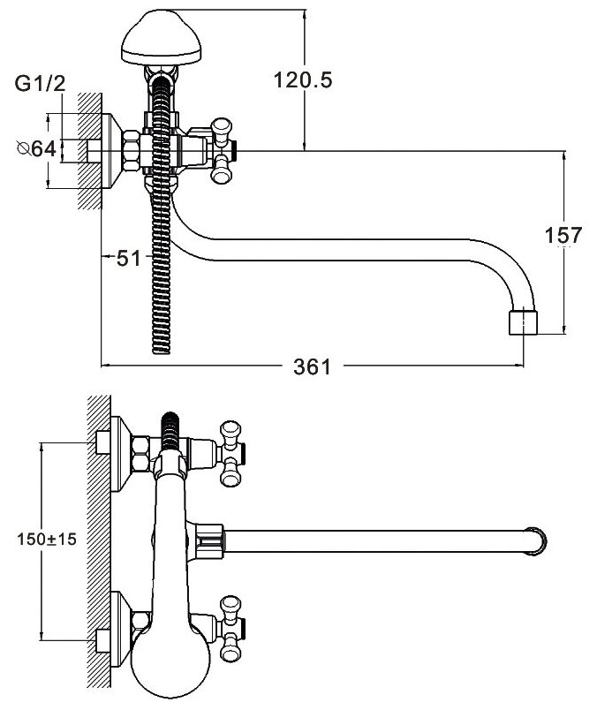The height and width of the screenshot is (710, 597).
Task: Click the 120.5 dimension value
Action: (x=304, y=81)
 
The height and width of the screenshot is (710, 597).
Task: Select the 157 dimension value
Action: (x=563, y=236)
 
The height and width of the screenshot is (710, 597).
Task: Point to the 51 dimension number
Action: (x=128, y=258)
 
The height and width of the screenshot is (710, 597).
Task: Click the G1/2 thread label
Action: (x=41, y=85)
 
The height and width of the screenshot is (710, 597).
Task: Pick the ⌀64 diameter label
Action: (x=36, y=148)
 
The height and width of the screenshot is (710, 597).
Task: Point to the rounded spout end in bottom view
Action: (x=538, y=540)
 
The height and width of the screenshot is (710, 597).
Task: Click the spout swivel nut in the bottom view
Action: (x=208, y=540)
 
